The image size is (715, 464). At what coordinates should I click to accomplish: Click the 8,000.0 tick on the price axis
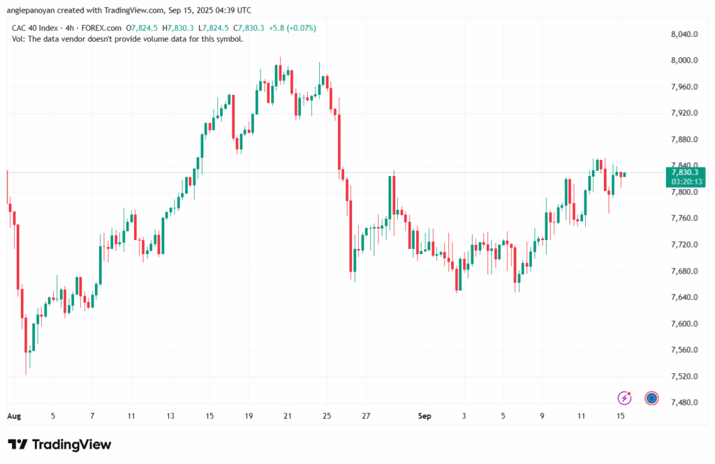pyautogui.click(x=684, y=61)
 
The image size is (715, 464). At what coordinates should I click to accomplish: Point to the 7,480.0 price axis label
pyautogui.click(x=684, y=403)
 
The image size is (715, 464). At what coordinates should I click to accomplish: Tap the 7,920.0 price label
pyautogui.click(x=684, y=113)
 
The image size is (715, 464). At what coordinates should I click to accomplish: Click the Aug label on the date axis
pyautogui.click(x=14, y=417)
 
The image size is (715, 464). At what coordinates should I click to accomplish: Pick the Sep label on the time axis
pyautogui.click(x=425, y=417)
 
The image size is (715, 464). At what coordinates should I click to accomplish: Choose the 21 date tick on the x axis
pyautogui.click(x=287, y=417)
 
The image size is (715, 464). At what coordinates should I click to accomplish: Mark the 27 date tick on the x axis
pyautogui.click(x=365, y=417)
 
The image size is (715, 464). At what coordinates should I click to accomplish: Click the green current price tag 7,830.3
pyautogui.click(x=685, y=172)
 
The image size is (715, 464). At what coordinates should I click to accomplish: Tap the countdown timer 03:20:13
pyautogui.click(x=685, y=181)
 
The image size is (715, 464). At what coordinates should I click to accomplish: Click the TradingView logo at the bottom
pyautogui.click(x=59, y=444)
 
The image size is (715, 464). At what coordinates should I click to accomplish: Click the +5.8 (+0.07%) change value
pyautogui.click(x=293, y=28)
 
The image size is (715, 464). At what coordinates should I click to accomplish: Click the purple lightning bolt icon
pyautogui.click(x=625, y=398)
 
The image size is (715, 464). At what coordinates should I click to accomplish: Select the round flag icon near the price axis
pyautogui.click(x=651, y=398)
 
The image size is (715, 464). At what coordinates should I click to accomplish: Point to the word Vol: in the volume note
pyautogui.click(x=19, y=39)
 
